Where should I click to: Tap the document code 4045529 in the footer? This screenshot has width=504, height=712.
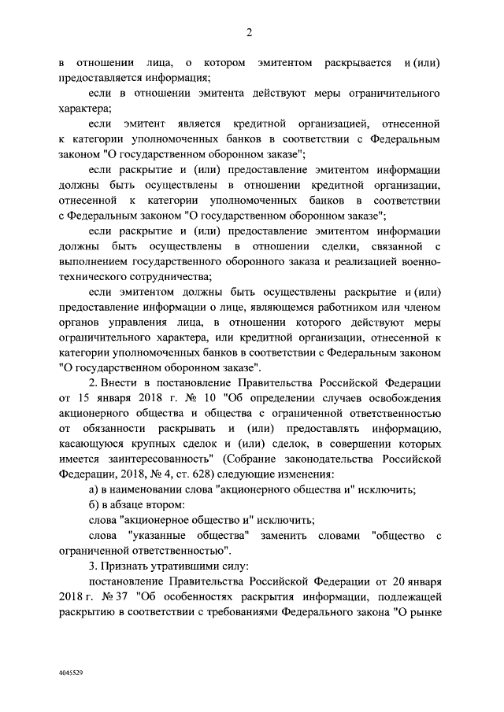click(x=72, y=674)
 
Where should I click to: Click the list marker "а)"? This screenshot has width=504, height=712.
click(x=94, y=490)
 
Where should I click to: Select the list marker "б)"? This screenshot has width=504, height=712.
click(x=94, y=504)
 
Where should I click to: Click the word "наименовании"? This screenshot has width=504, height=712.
click(x=147, y=490)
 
